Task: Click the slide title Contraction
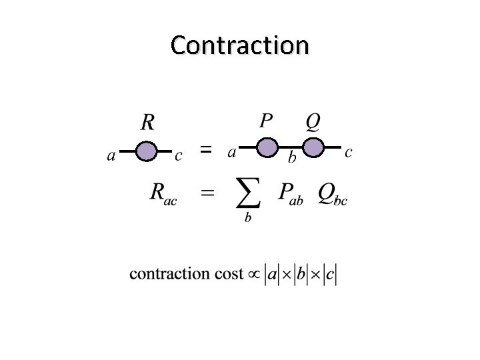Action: [x=239, y=45]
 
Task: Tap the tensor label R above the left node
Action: [x=148, y=122]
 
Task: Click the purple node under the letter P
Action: [x=267, y=147]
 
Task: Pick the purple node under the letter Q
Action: [x=313, y=147]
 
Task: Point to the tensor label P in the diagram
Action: [x=265, y=121]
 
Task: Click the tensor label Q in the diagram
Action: [x=312, y=121]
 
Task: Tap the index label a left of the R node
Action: [x=111, y=156]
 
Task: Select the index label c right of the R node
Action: [x=178, y=156]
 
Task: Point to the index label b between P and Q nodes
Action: [x=291, y=158]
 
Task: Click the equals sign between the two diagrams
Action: [x=207, y=151]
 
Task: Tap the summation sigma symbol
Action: [x=248, y=193]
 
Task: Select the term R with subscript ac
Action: [x=163, y=194]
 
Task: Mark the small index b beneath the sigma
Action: [x=248, y=218]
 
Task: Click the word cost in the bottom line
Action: [x=228, y=274]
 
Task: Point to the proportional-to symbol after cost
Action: [x=253, y=274]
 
